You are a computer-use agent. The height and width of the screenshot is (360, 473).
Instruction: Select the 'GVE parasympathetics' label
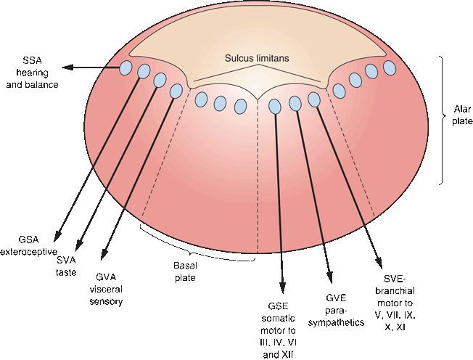point(333,309)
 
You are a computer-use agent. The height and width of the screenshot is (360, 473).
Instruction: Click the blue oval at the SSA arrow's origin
point(126,68)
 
